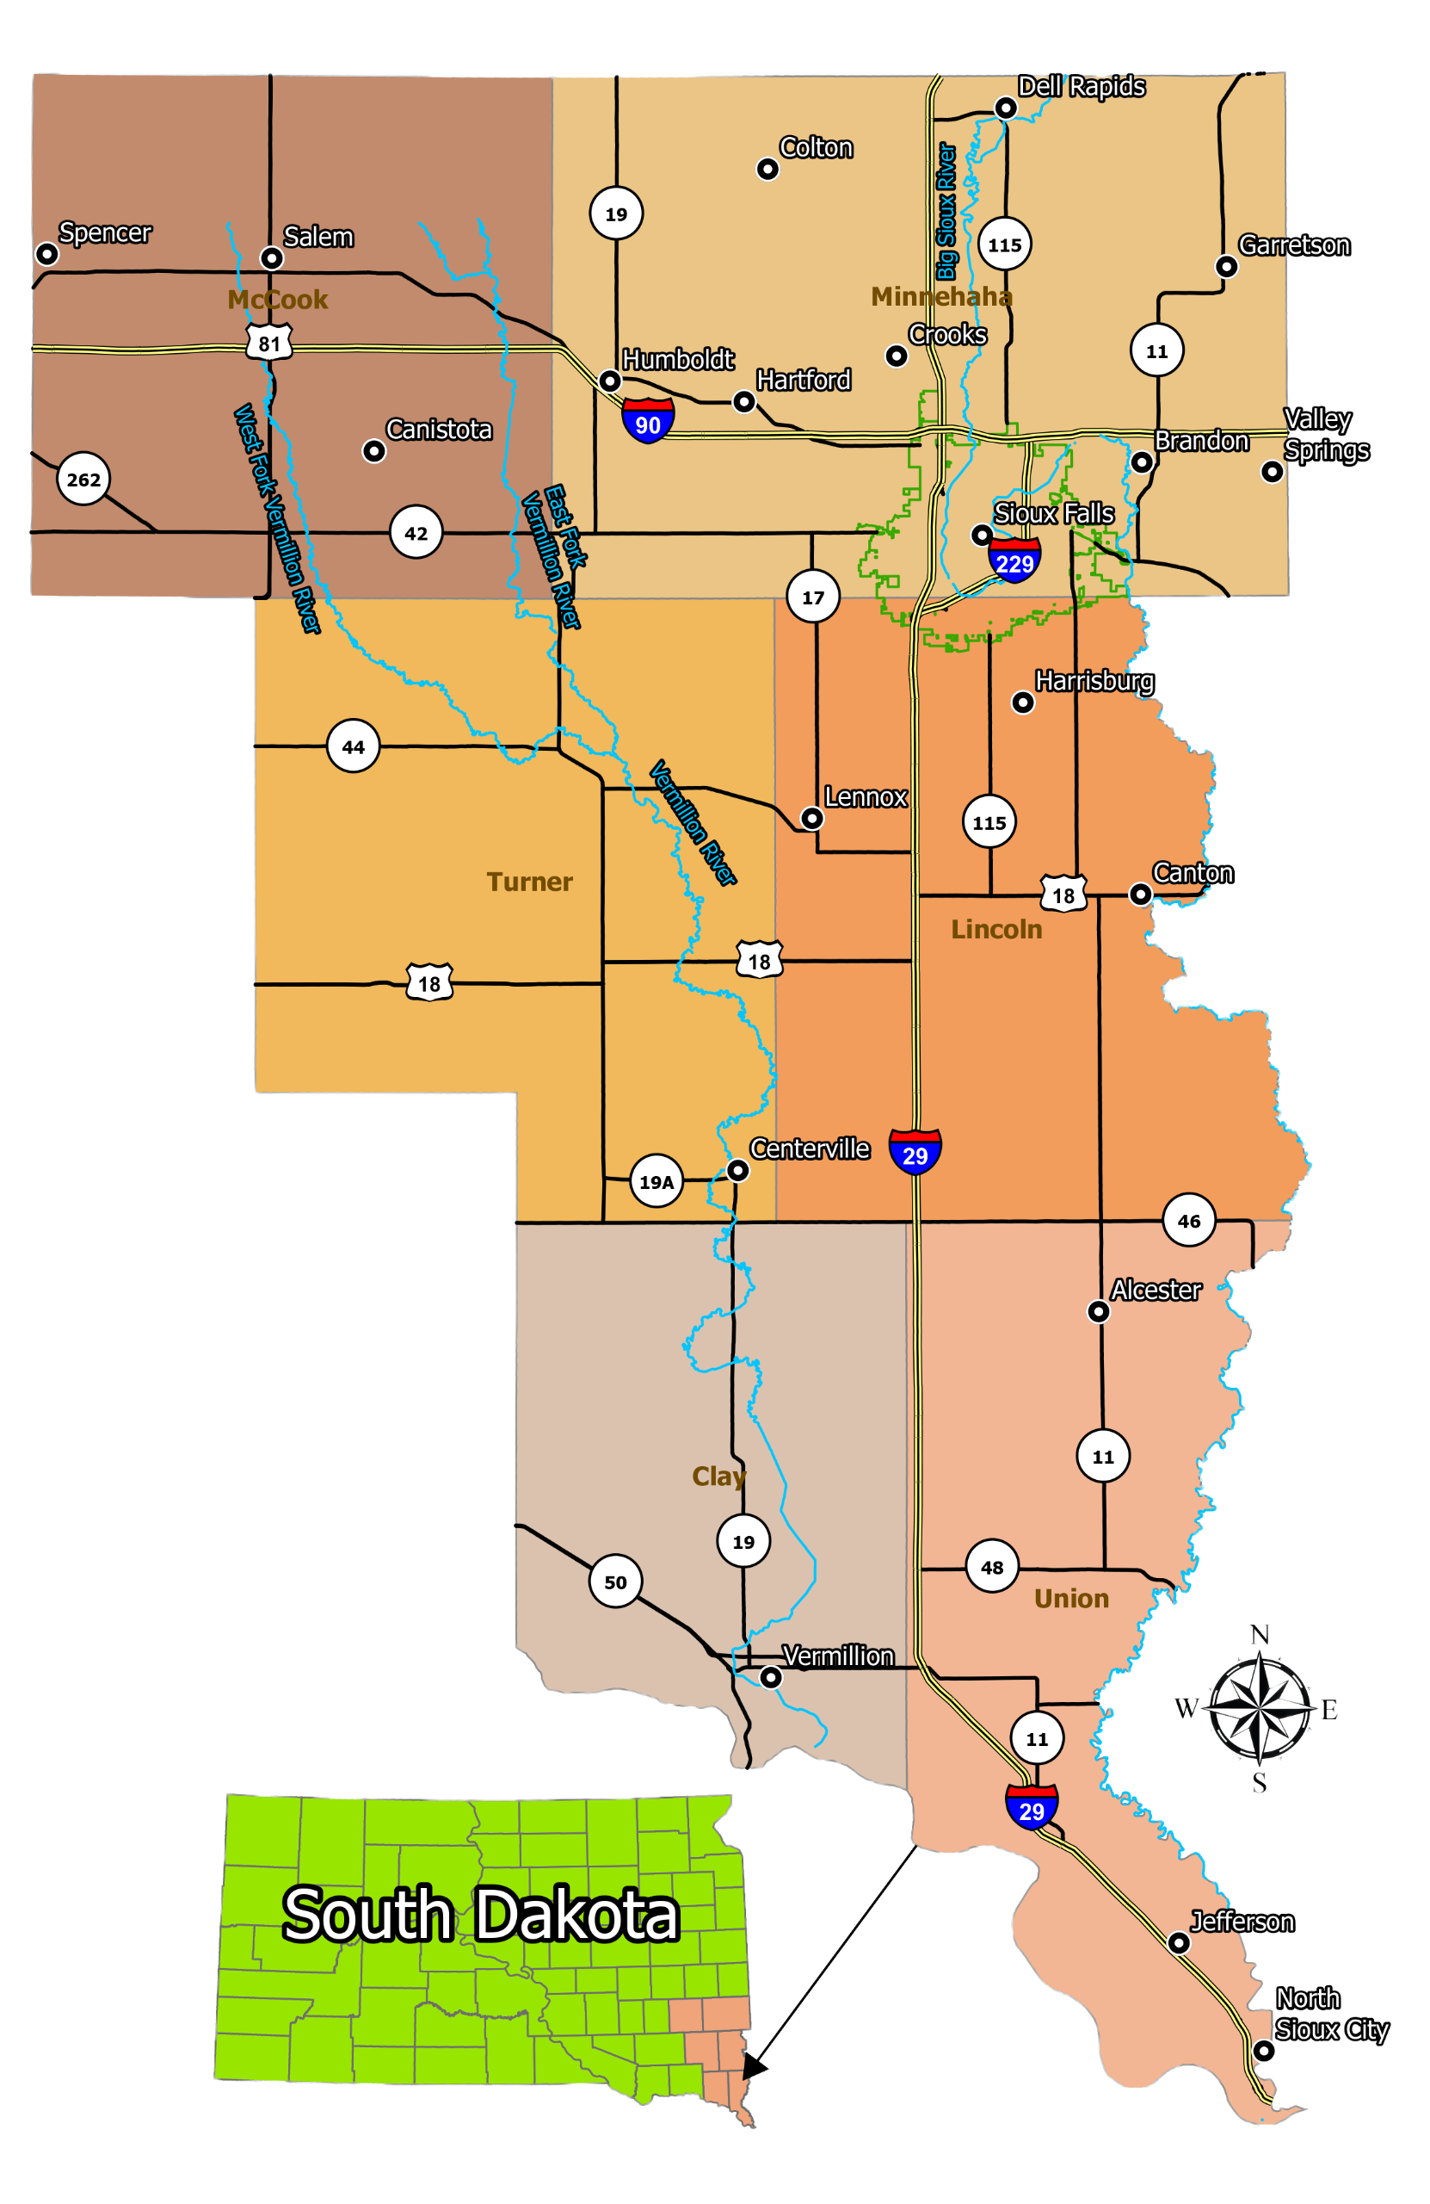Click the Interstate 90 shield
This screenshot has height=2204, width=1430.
click(x=648, y=421)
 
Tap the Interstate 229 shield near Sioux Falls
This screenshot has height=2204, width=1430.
click(x=1014, y=560)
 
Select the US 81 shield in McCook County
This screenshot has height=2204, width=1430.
click(x=269, y=344)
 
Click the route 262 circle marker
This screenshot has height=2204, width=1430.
click(x=83, y=479)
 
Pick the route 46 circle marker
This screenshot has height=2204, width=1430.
click(x=1188, y=1221)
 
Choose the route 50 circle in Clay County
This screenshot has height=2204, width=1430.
click(x=615, y=1582)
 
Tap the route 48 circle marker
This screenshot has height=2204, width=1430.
click(x=991, y=1567)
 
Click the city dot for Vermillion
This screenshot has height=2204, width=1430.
click(x=770, y=1677)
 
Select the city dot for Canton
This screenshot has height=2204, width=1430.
click(x=1140, y=894)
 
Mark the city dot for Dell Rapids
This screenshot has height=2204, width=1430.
click(x=1005, y=108)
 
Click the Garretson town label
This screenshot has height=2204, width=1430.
click(x=1294, y=245)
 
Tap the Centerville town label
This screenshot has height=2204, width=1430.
click(x=809, y=1149)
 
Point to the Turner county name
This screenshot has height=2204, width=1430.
click(x=529, y=882)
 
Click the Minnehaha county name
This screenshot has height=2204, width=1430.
click(x=941, y=296)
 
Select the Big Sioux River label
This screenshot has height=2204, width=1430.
click(x=946, y=211)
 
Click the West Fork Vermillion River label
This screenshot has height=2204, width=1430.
click(x=276, y=518)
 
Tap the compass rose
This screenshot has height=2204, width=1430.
click(x=1260, y=1706)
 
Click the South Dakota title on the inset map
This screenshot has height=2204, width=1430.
click(x=480, y=1915)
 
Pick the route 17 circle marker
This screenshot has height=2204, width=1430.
click(x=812, y=597)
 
